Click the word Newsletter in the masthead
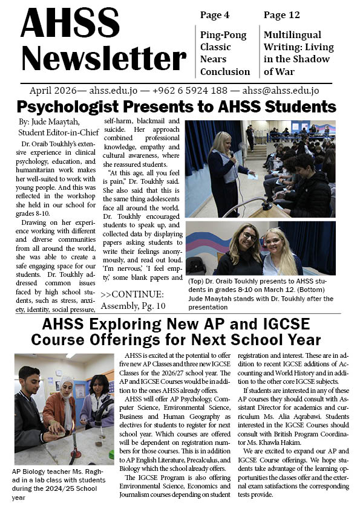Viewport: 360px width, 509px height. [x=103, y=59]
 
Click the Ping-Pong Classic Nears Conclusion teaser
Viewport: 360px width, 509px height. [x=223, y=53]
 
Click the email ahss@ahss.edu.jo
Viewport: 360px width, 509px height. [x=281, y=91]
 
